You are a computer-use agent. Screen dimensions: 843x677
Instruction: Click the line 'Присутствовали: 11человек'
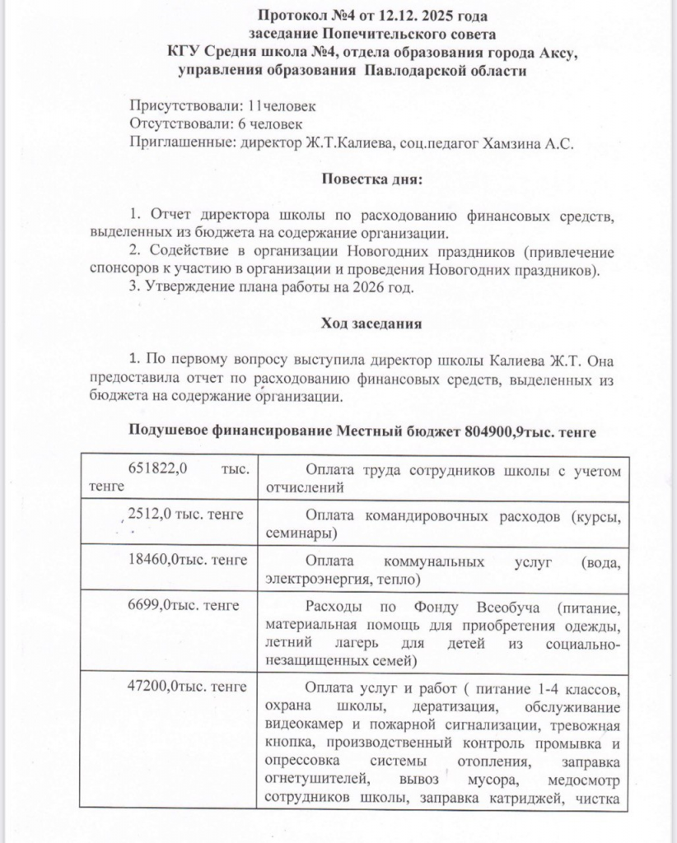pos(222,107)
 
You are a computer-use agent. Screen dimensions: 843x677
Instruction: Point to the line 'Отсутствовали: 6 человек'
pos(217,124)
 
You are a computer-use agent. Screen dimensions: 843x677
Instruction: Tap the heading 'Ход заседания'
pos(371,324)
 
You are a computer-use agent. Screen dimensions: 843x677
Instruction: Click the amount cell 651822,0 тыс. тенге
pos(170,477)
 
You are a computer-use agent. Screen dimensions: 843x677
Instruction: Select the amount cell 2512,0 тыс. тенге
pos(186,515)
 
